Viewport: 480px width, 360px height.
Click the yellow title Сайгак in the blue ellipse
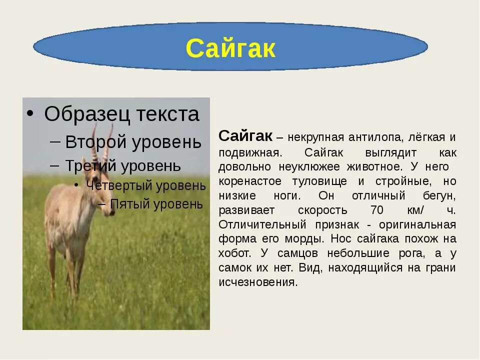230,48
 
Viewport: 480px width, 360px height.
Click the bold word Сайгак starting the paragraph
245,135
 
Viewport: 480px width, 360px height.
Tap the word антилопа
374,137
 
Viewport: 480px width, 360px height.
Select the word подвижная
250,153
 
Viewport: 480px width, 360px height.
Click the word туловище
319,181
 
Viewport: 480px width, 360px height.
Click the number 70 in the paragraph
377,210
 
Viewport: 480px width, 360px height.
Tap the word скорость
322,210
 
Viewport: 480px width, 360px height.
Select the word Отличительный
262,224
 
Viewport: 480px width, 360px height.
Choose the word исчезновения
258,282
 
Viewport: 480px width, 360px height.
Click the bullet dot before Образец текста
29,114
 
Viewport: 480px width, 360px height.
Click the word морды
304,239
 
